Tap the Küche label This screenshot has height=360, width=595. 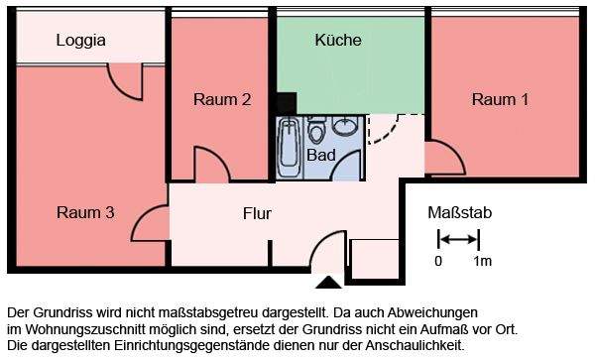(x=337, y=41)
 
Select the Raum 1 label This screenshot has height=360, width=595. (x=500, y=99)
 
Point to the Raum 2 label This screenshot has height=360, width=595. (x=221, y=99)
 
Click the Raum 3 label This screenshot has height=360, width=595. (x=86, y=211)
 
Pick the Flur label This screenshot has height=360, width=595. (x=257, y=213)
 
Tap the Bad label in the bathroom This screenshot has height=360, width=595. (x=320, y=156)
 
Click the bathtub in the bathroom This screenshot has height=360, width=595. (x=290, y=147)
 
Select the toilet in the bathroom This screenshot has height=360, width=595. (x=317, y=130)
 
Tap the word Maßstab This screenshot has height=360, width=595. (x=459, y=213)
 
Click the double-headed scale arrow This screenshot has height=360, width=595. (x=459, y=239)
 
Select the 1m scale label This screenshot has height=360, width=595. (x=483, y=262)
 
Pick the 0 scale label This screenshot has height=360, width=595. (x=438, y=262)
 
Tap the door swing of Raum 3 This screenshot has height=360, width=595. (x=151, y=223)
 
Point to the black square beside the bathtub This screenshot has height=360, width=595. (x=287, y=103)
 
